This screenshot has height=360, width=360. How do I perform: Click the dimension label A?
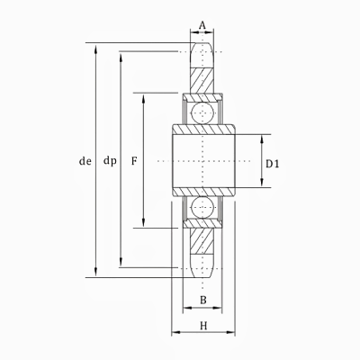pos(202,25)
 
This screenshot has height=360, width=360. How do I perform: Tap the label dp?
pos(110,162)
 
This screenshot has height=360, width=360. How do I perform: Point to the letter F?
pos(133,162)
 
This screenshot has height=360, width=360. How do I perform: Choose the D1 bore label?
pos(274,163)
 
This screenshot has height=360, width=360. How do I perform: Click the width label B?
pos(202,300)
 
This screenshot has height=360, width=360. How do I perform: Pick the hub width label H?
pos(203,325)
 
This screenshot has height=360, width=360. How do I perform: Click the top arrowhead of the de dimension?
pos(96,45)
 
